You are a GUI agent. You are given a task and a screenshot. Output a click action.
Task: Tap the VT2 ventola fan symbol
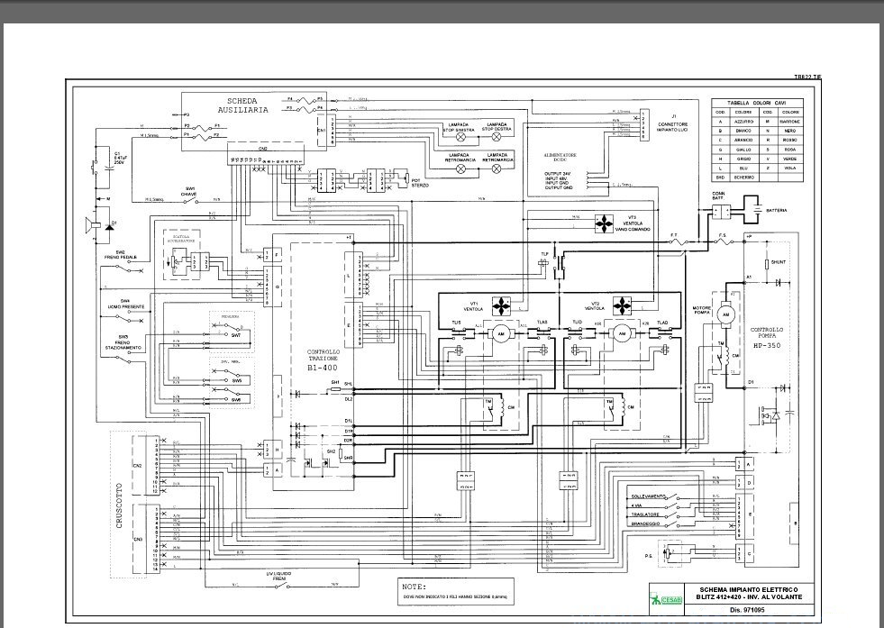tap(621, 303)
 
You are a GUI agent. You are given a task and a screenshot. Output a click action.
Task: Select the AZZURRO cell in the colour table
tap(745, 120)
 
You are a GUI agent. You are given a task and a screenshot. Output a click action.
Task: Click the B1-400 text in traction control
tap(323, 368)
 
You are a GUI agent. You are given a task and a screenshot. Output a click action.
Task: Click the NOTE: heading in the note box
tap(415, 586)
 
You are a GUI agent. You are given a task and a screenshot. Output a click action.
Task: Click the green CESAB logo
tap(666, 600)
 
